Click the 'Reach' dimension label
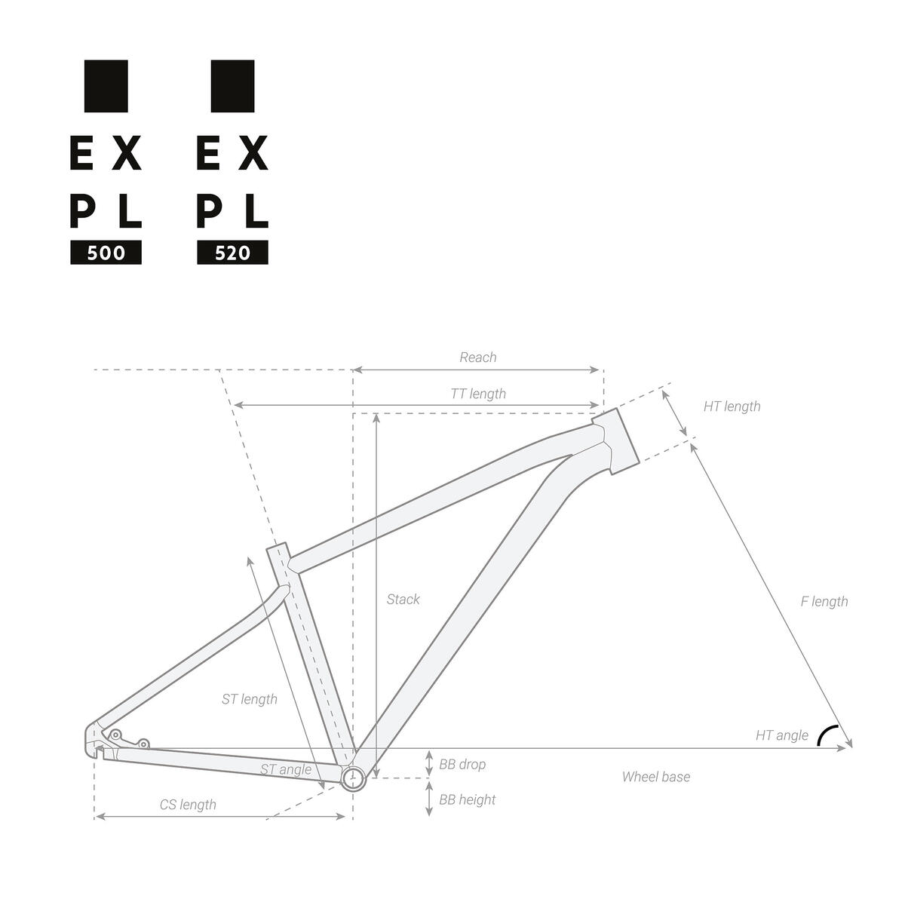click(x=478, y=357)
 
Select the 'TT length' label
click(x=478, y=394)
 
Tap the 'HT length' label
click(x=732, y=406)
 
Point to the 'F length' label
click(x=824, y=601)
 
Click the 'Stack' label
click(x=403, y=600)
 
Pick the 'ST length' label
click(x=249, y=699)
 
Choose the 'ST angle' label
click(x=285, y=769)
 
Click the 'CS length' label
click(x=188, y=805)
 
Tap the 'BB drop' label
click(x=462, y=764)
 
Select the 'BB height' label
click(x=467, y=799)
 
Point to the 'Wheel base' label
click(x=655, y=777)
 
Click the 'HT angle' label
click(x=781, y=735)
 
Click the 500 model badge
click(x=106, y=253)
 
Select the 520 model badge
click(x=232, y=253)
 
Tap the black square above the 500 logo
click(x=106, y=86)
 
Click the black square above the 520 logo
click(x=232, y=86)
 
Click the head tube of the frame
click(x=616, y=440)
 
